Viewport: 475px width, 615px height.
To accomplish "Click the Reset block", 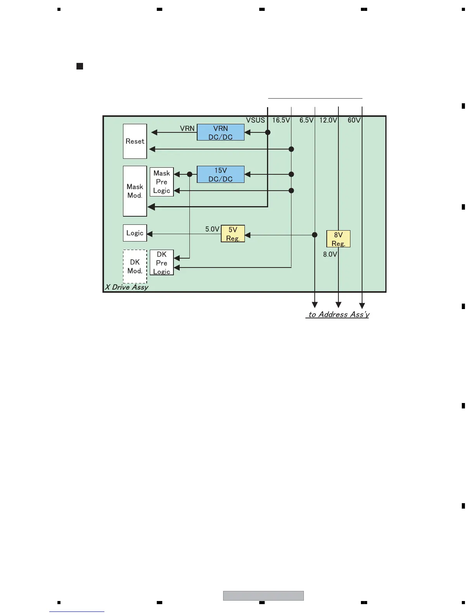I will pyautogui.click(x=135, y=141).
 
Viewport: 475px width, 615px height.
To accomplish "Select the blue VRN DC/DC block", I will pyautogui.click(x=220, y=132).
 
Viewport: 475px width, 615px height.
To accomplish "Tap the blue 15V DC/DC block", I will pyautogui.click(x=220, y=174).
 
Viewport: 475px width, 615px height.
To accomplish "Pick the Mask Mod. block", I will pyautogui.click(x=135, y=191).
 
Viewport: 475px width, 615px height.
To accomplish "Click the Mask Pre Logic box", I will pyautogui.click(x=161, y=182).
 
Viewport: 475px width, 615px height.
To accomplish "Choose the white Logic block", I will pyautogui.click(x=135, y=233).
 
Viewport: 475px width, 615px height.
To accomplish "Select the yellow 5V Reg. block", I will pyautogui.click(x=233, y=234).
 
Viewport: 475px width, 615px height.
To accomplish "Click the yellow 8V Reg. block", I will pyautogui.click(x=338, y=239).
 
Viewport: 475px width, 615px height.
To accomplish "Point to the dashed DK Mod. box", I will pyautogui.click(x=135, y=266).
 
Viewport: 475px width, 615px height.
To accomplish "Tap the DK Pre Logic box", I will pyautogui.click(x=161, y=263).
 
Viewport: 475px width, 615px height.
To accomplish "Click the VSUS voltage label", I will pyautogui.click(x=255, y=120).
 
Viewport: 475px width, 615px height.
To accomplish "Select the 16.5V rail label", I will pyautogui.click(x=281, y=120).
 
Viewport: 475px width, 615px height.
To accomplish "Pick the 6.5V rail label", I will pyautogui.click(x=306, y=120).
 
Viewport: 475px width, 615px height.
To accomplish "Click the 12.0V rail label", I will pyautogui.click(x=328, y=120).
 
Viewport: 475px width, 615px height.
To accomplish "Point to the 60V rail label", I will pyautogui.click(x=354, y=120).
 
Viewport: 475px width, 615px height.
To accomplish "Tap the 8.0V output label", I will pyautogui.click(x=330, y=255).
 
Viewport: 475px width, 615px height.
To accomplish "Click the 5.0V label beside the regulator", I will pyautogui.click(x=212, y=229).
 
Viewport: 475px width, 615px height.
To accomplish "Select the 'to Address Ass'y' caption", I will pyautogui.click(x=338, y=314).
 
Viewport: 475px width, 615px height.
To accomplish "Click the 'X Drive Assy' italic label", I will pyautogui.click(x=127, y=287).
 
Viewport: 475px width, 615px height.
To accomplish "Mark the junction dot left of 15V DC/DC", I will pyautogui.click(x=190, y=174).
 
